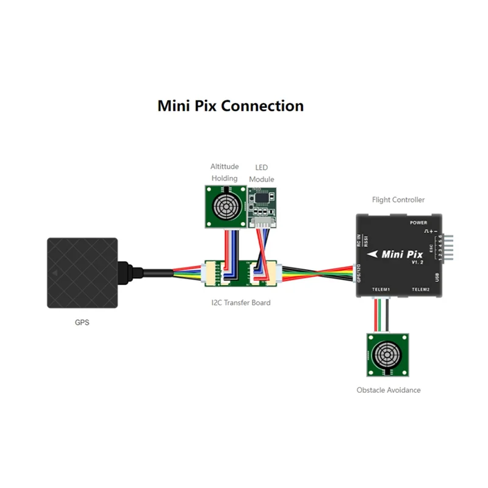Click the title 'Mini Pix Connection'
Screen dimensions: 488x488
coord(231,106)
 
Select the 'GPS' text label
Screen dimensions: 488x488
coord(81,322)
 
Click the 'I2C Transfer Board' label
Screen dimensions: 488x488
coord(237,303)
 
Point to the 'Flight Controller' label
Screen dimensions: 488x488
coord(398,199)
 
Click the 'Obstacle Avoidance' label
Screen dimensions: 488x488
coord(389,390)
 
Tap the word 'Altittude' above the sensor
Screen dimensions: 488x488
coord(224,167)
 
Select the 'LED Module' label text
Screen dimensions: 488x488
coord(262,173)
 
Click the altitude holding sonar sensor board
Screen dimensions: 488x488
coord(224,206)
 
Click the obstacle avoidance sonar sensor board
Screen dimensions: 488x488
coord(387,355)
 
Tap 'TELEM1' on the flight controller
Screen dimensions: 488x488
coord(381,289)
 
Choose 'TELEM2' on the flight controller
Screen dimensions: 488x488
coord(421,289)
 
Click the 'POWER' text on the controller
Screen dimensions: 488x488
coord(419,223)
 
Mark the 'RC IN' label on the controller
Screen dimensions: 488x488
coord(358,240)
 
